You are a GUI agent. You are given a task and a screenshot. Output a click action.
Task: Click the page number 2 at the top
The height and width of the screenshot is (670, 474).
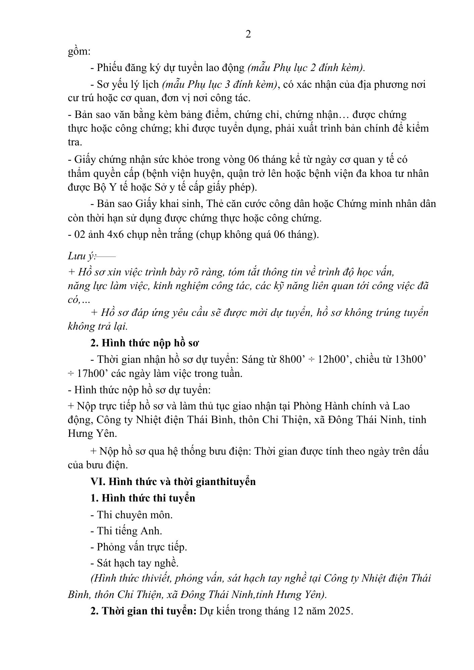coord(248,34)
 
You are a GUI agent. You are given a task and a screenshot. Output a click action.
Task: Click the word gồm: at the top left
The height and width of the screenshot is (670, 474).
coord(79,52)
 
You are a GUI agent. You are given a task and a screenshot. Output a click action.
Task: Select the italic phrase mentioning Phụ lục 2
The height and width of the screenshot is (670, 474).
coord(306,68)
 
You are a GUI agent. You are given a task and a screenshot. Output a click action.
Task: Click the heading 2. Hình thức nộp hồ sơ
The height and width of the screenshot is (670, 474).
coord(145,343)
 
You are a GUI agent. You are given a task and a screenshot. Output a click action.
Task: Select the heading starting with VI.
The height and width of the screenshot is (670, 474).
coord(173,482)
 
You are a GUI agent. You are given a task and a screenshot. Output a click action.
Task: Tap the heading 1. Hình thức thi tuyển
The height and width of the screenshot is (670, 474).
coord(143,498)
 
